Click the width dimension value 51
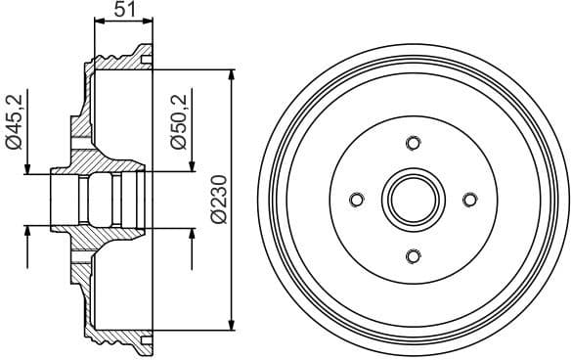(x=123, y=11)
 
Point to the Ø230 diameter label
(x=218, y=200)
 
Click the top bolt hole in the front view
(x=413, y=144)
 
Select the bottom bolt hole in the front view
(x=413, y=256)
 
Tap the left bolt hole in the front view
(x=356, y=201)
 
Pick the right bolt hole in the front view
(x=469, y=200)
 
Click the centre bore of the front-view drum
(x=413, y=200)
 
